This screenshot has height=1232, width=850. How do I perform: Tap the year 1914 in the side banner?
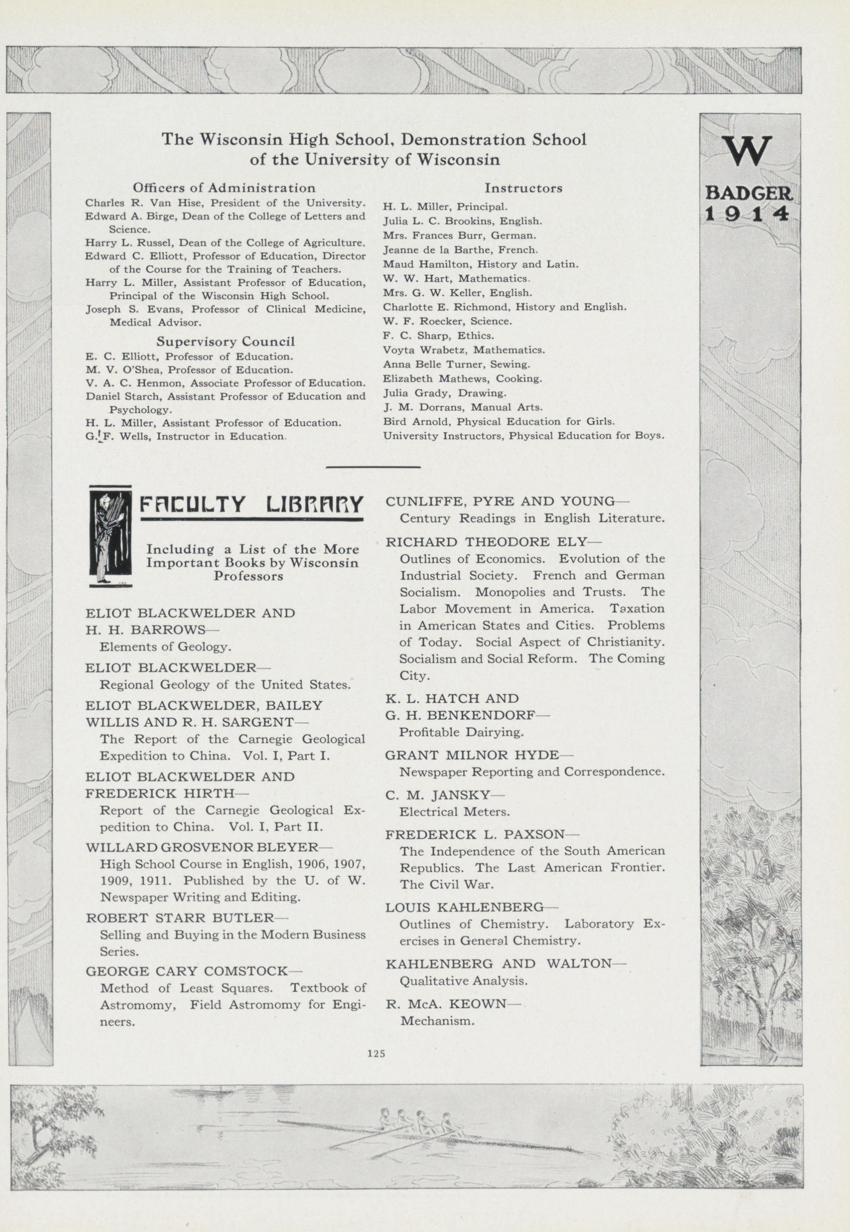click(748, 214)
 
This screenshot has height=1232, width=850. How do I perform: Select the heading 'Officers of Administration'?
click(224, 188)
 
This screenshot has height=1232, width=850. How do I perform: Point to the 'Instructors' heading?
click(523, 188)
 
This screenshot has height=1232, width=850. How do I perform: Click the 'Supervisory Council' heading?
click(225, 341)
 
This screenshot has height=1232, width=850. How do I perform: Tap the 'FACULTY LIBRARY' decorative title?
click(251, 504)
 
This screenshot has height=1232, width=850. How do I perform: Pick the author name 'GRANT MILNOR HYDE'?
click(472, 755)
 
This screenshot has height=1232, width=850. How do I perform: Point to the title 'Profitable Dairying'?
click(461, 732)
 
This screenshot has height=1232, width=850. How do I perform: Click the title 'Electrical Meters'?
click(454, 812)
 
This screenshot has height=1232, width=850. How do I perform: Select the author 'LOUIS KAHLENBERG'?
click(464, 907)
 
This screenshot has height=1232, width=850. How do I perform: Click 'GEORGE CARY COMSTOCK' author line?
click(186, 971)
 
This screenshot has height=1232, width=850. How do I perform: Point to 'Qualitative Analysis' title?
click(463, 981)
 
